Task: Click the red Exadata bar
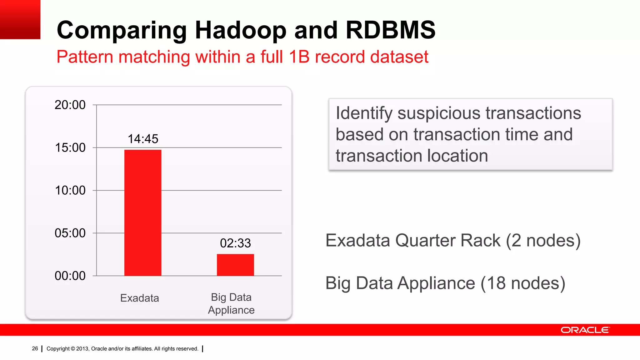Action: (143, 212)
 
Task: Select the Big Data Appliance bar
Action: (235, 265)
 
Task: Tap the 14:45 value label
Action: (143, 139)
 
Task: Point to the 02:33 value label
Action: (235, 243)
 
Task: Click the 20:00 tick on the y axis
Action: (70, 105)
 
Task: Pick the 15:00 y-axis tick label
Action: (70, 147)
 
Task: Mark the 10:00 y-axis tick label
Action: (70, 190)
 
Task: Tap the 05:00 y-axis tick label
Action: (70, 233)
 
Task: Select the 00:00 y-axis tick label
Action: (70, 276)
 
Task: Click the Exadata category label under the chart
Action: (139, 298)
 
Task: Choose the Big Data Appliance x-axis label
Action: (231, 303)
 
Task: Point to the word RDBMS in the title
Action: (390, 30)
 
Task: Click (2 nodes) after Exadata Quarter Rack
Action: (543, 241)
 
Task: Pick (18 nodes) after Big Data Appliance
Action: (523, 283)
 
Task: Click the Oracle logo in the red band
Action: (585, 330)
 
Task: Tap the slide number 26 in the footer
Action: (35, 348)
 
